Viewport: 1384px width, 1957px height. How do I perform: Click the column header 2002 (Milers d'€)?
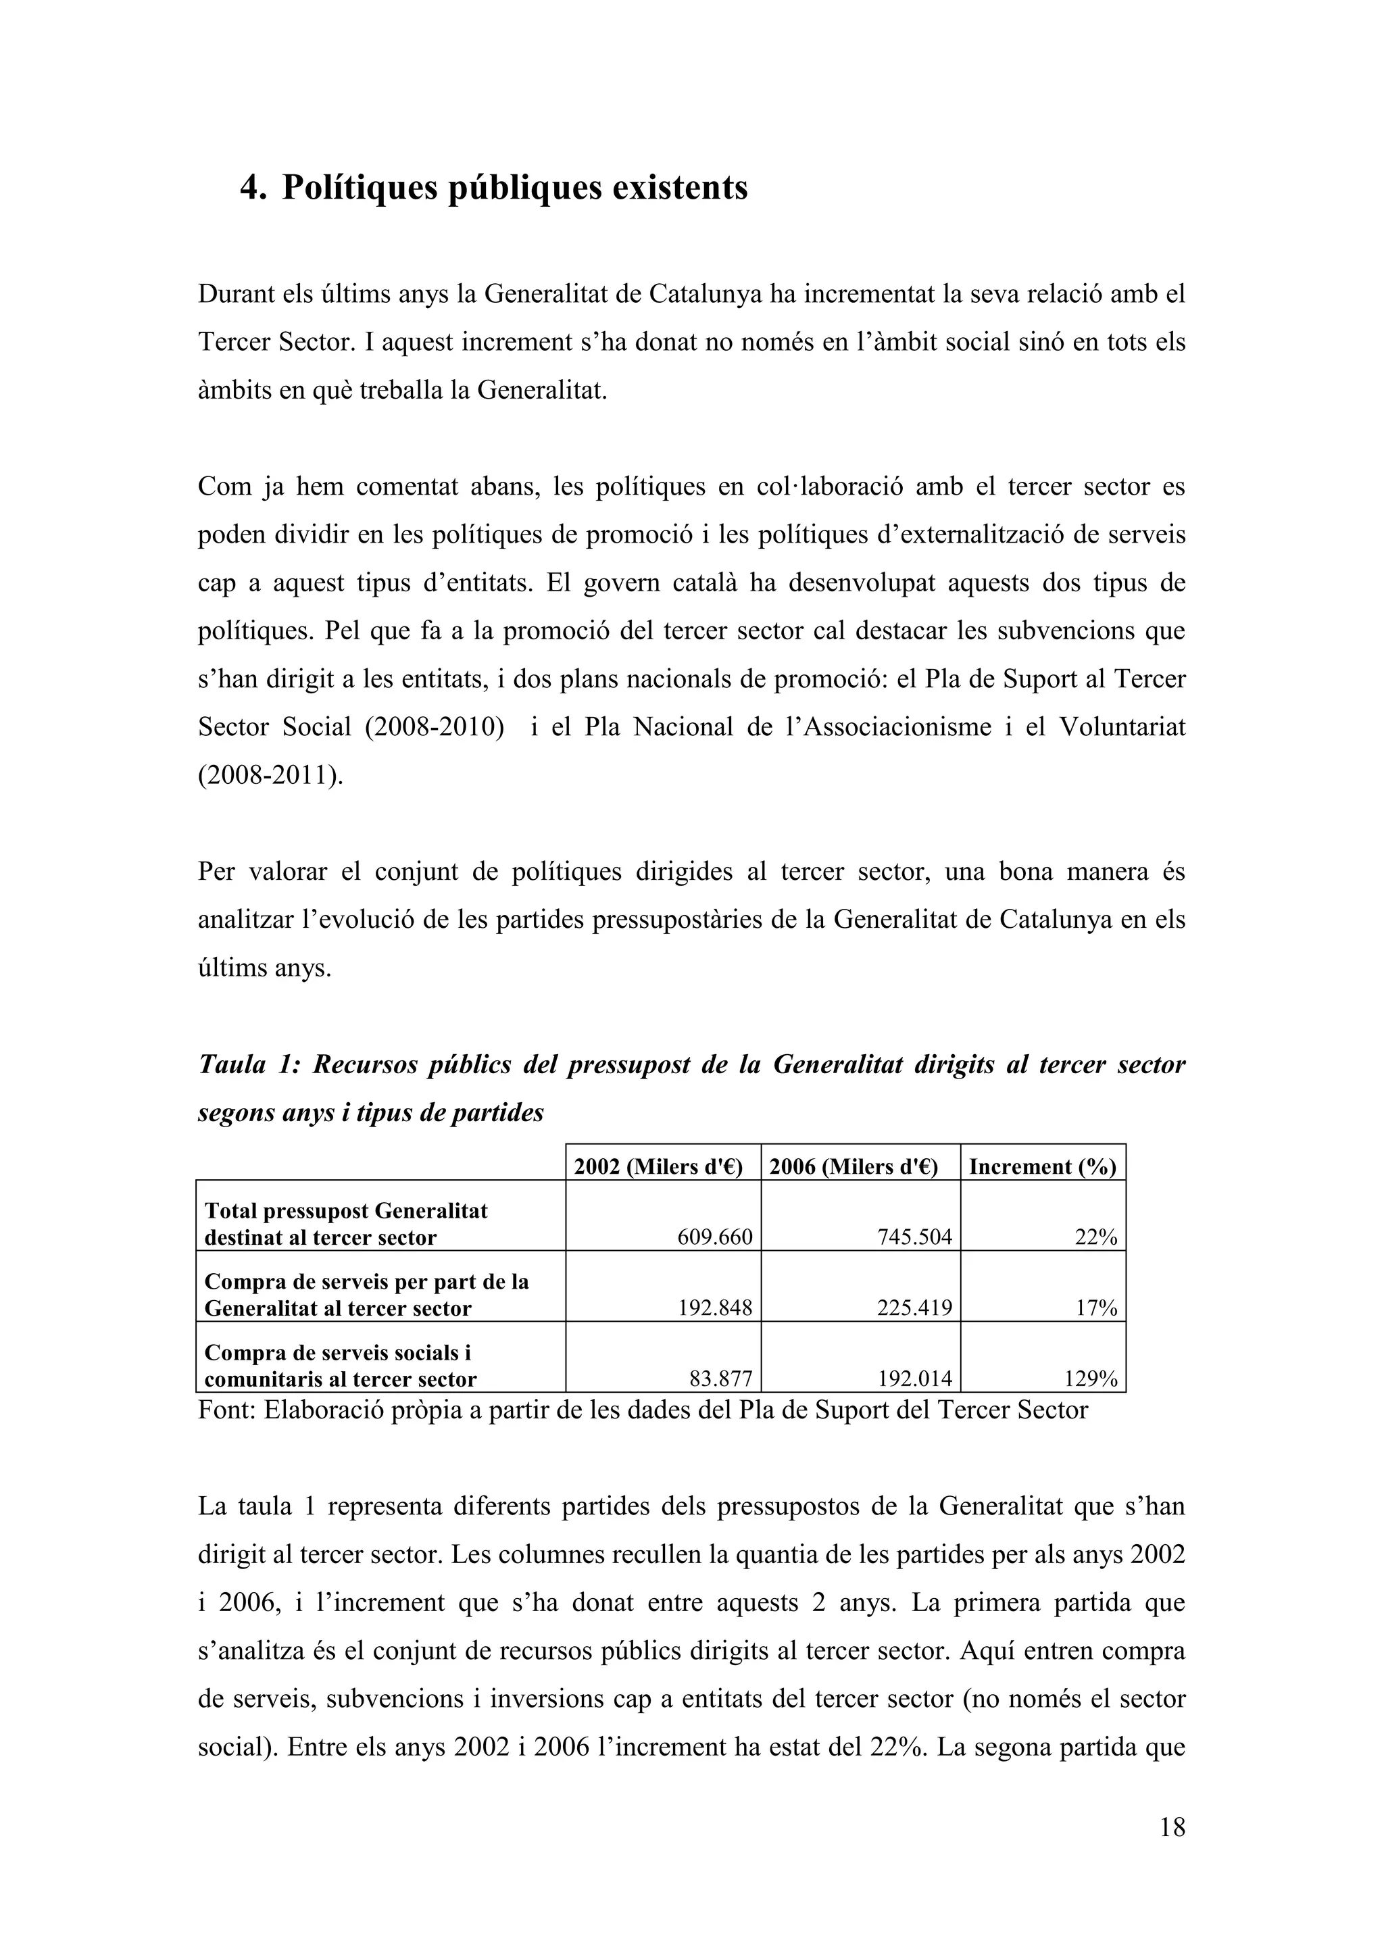click(663, 1167)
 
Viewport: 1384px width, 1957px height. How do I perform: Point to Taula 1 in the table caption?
click(246, 1066)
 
